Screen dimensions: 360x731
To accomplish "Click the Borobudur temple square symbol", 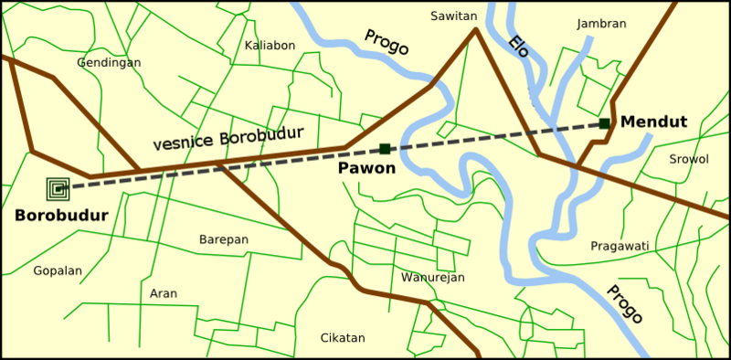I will coord(58,189).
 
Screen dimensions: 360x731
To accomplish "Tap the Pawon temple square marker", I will coord(385,149).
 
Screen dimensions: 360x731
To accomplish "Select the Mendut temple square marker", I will coord(604,123).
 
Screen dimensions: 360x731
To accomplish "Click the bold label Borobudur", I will coord(61,217).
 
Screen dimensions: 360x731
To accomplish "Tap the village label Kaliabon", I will coord(271,45).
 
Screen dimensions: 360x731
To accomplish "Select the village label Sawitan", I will coord(455,16).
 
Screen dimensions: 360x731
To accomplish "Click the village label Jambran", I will coord(602,24).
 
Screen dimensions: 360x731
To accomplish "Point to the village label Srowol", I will coord(688,159).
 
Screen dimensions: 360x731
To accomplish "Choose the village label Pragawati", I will coord(620,246).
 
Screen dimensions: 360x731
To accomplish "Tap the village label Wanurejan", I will coord(433,277).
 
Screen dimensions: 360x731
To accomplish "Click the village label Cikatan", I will coord(343,338).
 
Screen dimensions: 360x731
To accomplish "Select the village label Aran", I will coord(164,293).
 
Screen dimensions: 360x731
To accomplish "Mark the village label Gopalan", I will coord(58,271).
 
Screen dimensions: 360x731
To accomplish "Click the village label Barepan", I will coord(224,239).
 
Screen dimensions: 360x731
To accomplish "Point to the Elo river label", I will coord(518,46).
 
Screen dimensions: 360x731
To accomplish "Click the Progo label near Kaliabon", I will coord(386,42).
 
